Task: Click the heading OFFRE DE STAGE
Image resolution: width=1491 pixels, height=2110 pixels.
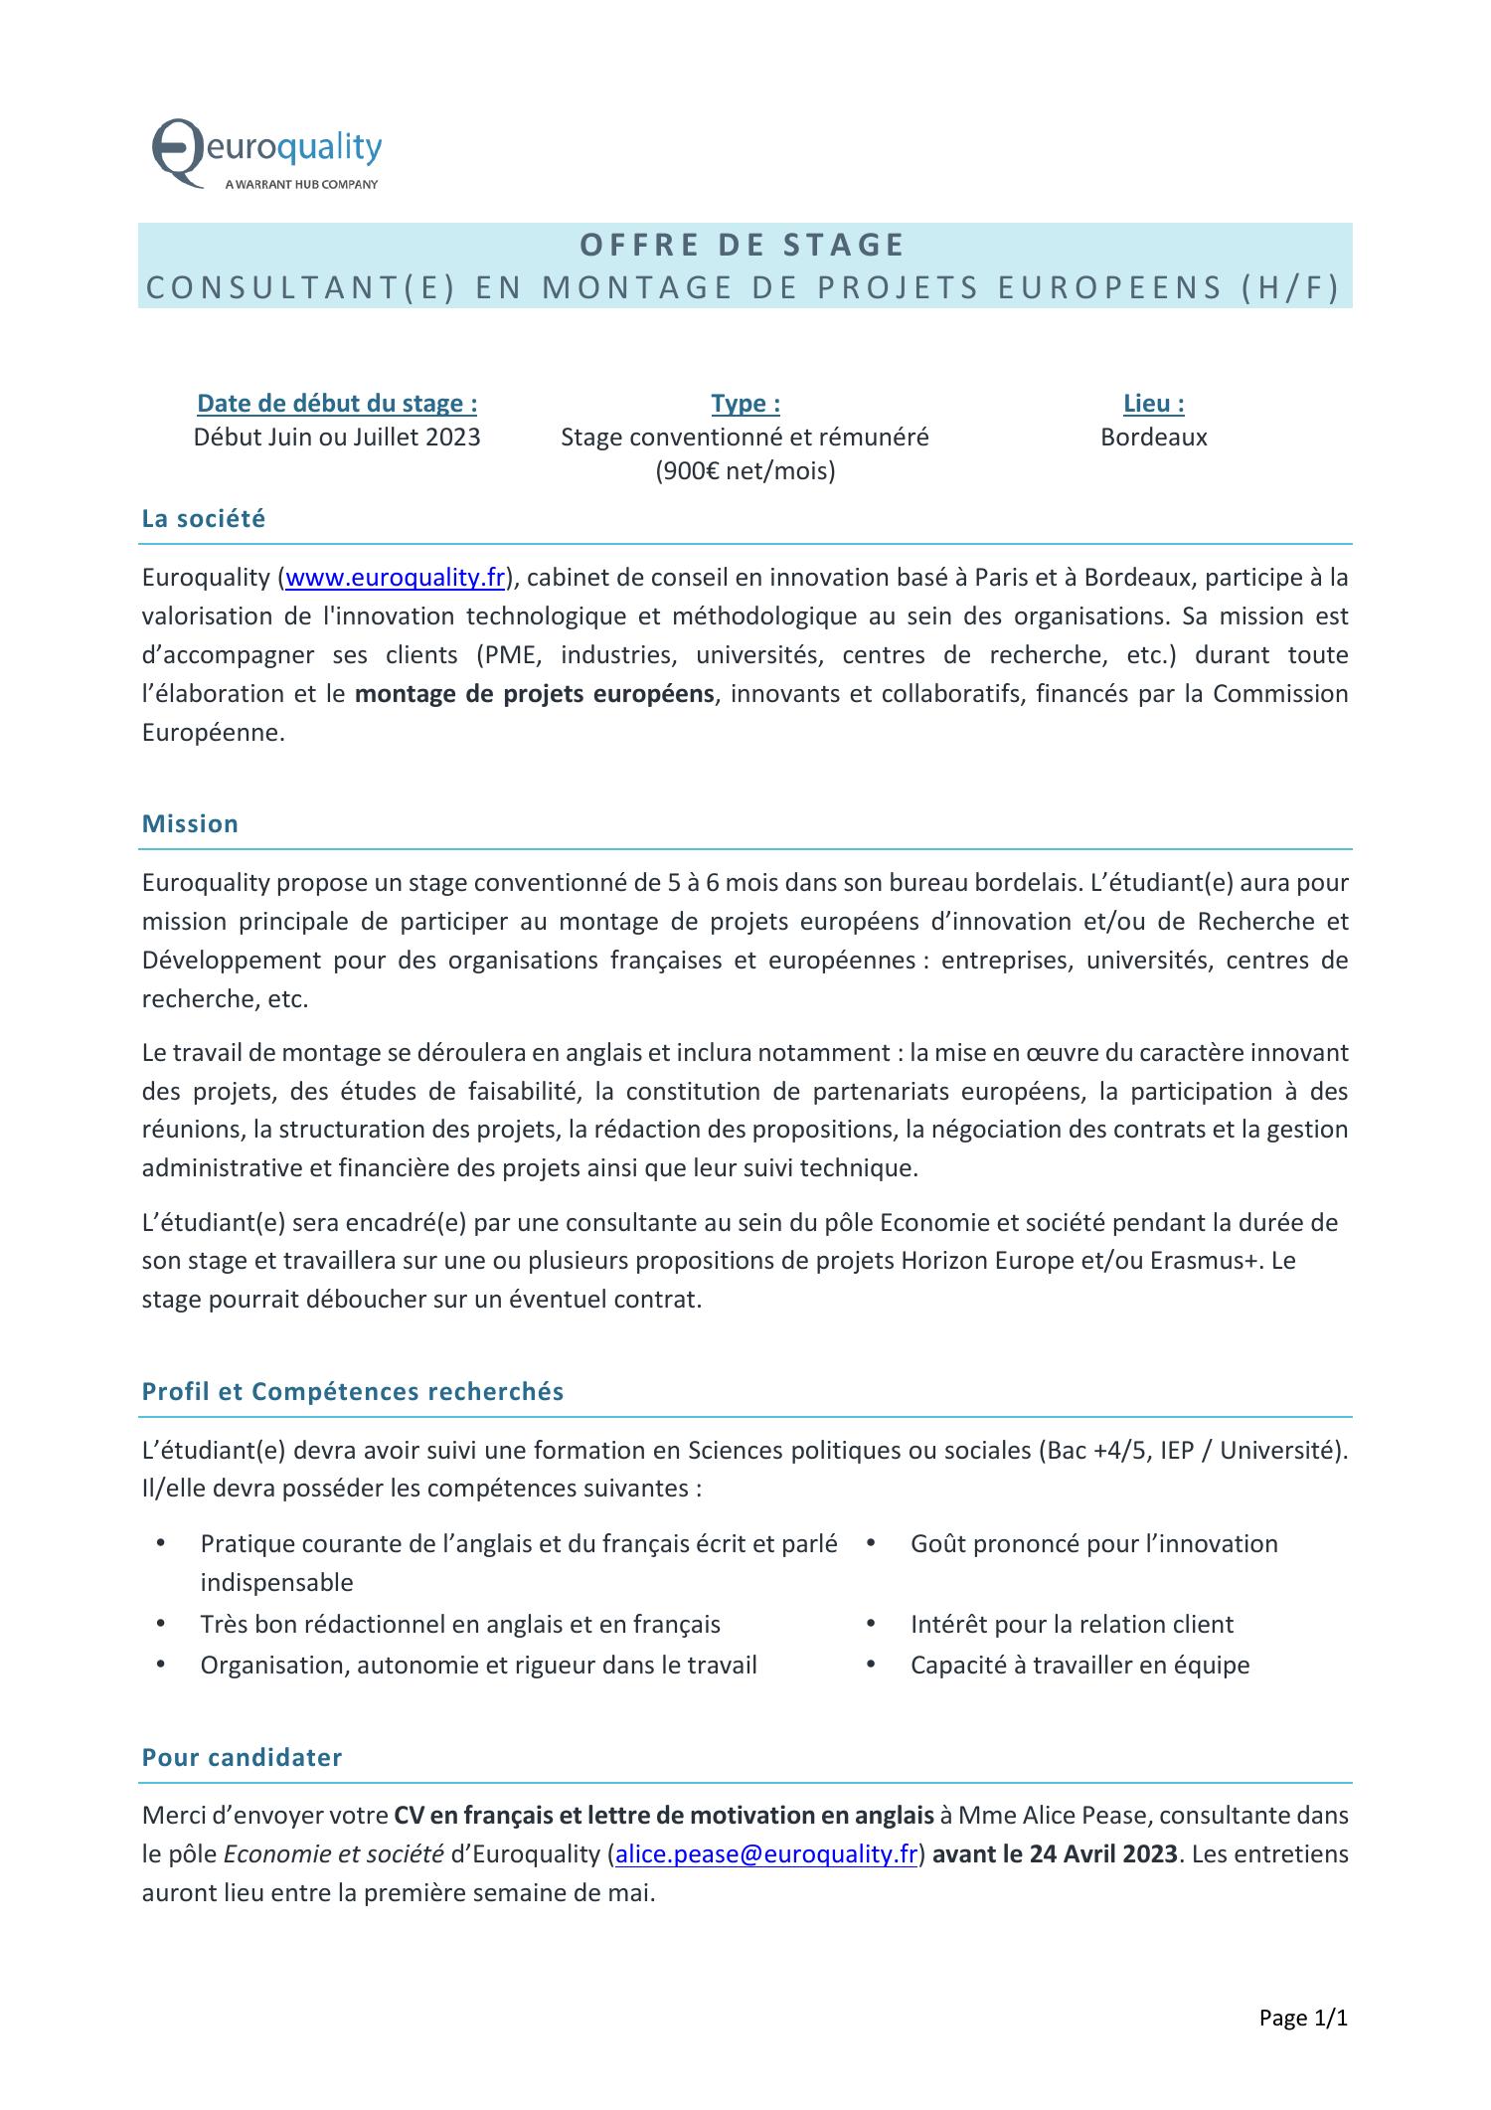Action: click(743, 245)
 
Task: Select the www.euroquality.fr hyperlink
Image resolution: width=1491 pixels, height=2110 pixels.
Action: click(395, 578)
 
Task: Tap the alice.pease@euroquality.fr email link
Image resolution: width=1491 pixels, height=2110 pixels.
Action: click(765, 1854)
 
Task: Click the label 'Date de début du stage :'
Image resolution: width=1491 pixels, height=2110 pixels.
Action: click(337, 404)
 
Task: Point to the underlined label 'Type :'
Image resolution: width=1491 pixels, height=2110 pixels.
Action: click(745, 404)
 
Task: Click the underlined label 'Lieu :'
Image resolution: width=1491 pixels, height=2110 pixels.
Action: click(1153, 404)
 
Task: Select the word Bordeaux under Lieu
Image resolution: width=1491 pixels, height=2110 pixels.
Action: click(1153, 438)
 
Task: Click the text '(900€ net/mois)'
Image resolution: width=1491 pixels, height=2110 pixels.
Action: click(745, 471)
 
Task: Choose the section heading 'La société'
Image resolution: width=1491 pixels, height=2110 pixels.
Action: click(204, 519)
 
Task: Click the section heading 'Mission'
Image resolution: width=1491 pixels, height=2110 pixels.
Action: click(190, 824)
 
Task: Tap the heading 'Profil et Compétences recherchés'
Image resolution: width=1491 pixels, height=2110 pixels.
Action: click(353, 1392)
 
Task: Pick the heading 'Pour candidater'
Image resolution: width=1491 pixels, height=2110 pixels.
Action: click(242, 1757)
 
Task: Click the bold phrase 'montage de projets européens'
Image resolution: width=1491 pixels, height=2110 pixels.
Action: click(534, 694)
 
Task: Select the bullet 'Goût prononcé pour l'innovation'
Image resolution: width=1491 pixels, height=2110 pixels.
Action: click(1093, 1544)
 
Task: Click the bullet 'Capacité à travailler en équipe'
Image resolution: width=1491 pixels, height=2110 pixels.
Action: click(1079, 1666)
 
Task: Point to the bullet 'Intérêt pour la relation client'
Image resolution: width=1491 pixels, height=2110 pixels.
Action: click(1072, 1625)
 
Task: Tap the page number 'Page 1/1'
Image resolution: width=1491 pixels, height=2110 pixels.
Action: click(1302, 2019)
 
